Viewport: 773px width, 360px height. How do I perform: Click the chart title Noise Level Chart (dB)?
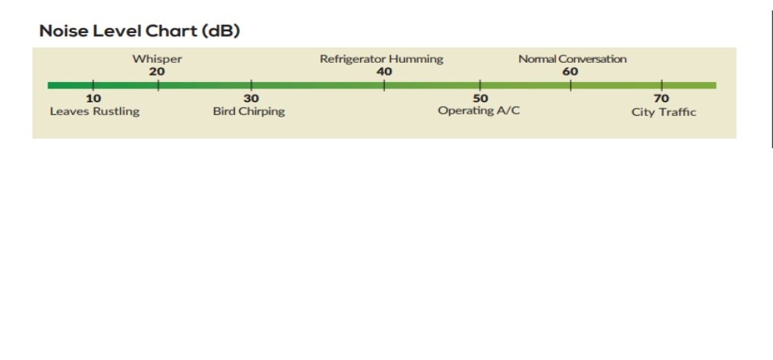[x=139, y=31]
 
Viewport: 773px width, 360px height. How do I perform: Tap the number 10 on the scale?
[x=93, y=98]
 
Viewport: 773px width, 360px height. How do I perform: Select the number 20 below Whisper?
[x=157, y=72]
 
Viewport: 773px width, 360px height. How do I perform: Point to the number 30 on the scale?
[x=251, y=98]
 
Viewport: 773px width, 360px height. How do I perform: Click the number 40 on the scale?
[x=384, y=72]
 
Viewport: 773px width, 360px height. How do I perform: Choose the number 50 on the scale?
[x=480, y=98]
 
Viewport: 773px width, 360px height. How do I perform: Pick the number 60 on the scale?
[x=570, y=72]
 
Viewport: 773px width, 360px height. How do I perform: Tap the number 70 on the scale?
[x=661, y=98]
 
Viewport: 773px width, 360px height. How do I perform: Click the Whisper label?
[x=157, y=60]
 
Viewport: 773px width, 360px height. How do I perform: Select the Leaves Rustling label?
[x=95, y=111]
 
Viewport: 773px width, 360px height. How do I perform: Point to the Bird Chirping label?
[x=249, y=111]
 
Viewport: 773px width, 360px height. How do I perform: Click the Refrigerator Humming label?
[x=382, y=60]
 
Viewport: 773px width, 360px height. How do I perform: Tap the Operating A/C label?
[x=478, y=111]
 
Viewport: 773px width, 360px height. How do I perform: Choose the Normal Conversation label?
[x=573, y=59]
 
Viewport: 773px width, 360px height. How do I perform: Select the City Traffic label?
[x=663, y=112]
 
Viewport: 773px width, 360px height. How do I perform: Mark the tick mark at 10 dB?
[x=93, y=85]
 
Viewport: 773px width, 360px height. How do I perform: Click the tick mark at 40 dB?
[x=384, y=85]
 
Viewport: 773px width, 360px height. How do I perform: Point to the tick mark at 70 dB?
[x=662, y=85]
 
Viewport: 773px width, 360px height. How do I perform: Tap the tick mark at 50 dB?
[x=480, y=85]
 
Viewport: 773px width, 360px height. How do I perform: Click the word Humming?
[x=416, y=60]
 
